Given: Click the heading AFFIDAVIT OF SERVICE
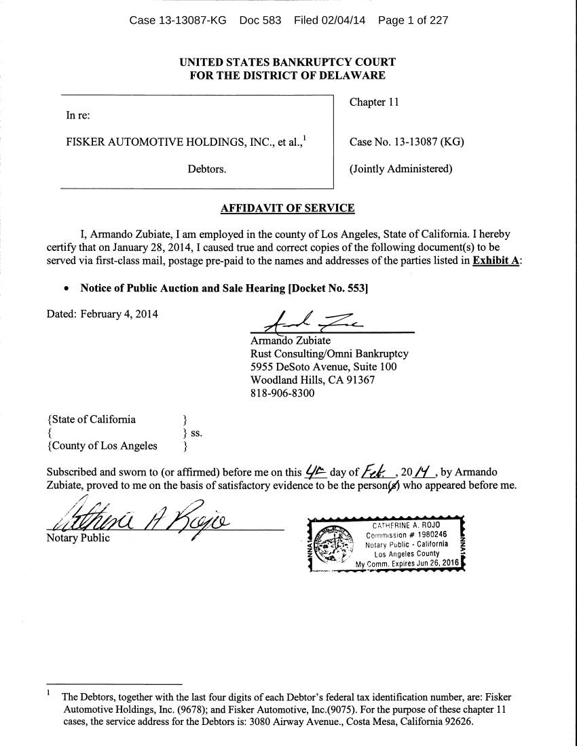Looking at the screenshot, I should pyautogui.click(x=288, y=208).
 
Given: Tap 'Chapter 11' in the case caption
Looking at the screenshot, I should pyautogui.click(x=374, y=102).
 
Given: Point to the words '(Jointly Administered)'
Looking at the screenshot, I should pyautogui.click(x=401, y=169).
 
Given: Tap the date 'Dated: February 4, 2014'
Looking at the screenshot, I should pyautogui.click(x=102, y=314).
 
